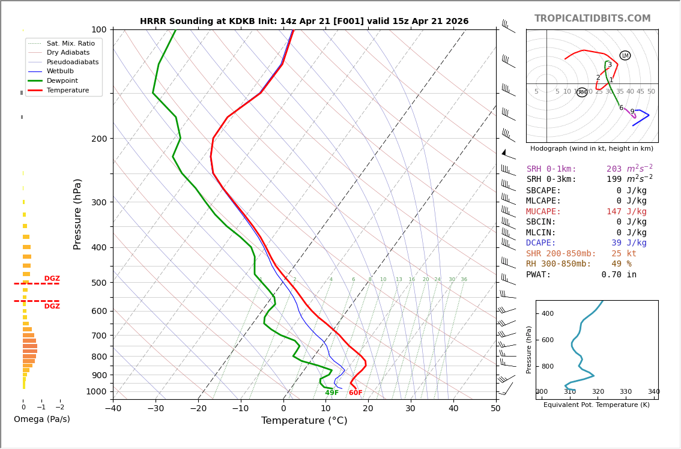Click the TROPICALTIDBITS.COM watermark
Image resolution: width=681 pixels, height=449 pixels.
[x=592, y=19]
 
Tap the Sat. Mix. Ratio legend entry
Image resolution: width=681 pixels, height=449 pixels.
[x=70, y=43]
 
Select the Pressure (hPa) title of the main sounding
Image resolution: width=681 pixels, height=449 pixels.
[x=77, y=214]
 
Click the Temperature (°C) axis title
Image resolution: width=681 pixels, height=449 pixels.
[x=304, y=421]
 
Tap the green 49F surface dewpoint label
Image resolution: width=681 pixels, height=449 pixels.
[x=331, y=393]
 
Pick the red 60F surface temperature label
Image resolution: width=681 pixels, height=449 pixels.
[x=356, y=393]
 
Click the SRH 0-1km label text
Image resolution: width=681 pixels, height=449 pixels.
[x=551, y=169]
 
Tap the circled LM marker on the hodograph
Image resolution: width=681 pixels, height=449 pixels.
[x=625, y=56]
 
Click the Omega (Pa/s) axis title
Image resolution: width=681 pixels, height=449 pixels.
[x=41, y=420]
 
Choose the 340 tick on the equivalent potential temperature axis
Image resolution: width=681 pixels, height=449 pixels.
[x=653, y=392]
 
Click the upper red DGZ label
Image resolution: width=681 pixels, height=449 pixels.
[x=52, y=279]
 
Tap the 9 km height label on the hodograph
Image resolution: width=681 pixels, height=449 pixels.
[x=632, y=112]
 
